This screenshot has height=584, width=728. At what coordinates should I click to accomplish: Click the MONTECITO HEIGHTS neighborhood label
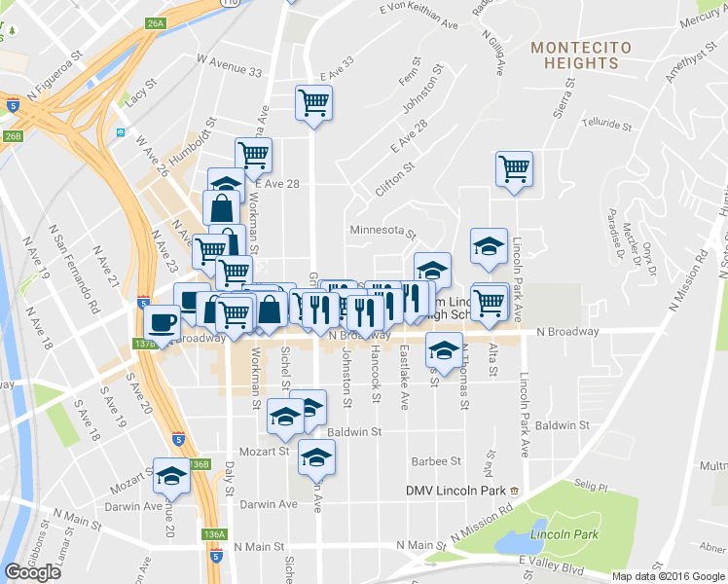(581, 55)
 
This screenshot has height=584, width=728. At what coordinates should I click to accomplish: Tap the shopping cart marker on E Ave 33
(313, 101)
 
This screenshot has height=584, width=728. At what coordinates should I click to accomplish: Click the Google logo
(31, 571)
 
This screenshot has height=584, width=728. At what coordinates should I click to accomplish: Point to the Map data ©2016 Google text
(668, 576)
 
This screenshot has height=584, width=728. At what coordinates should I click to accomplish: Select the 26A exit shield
(156, 21)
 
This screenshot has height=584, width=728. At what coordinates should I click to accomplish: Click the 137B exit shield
(145, 343)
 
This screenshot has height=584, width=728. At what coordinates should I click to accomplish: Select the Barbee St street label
(435, 461)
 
